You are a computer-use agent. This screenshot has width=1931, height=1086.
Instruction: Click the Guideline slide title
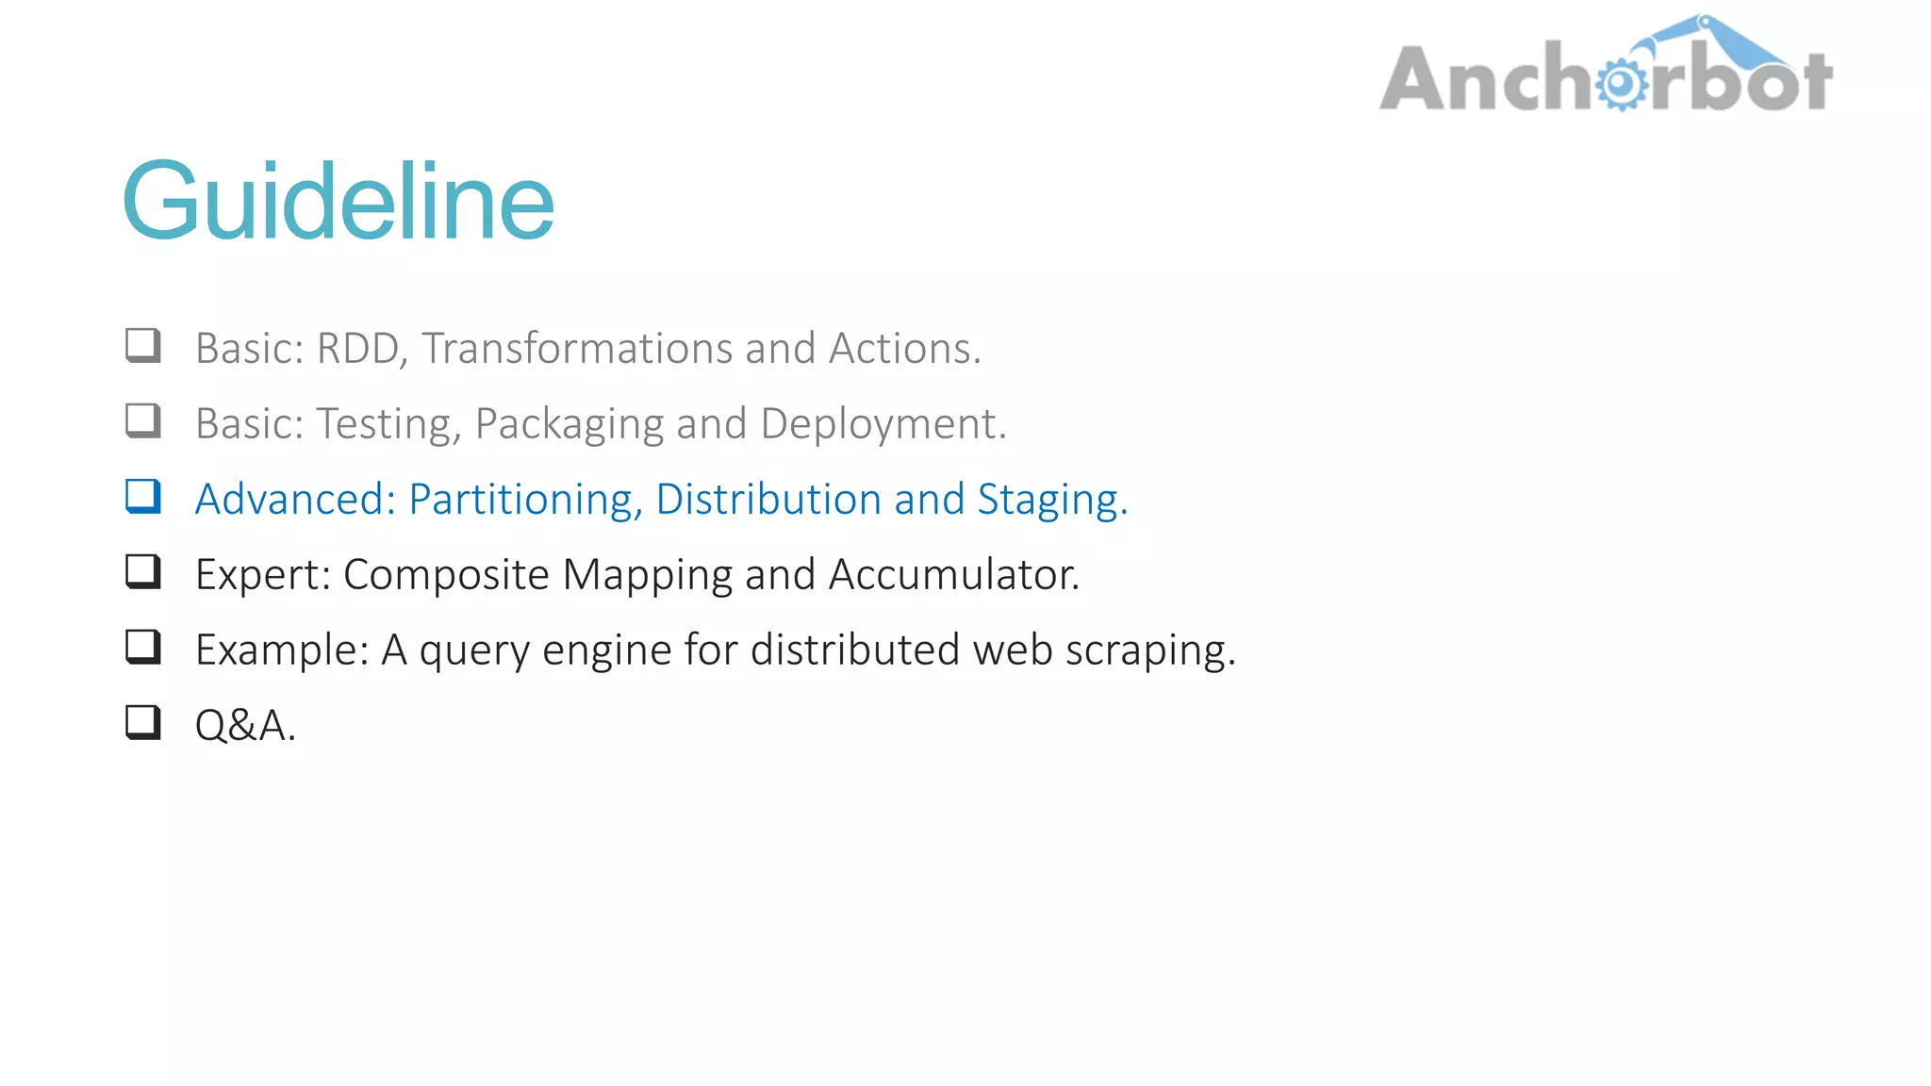click(338, 201)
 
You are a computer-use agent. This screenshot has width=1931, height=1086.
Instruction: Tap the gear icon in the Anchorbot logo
click(1621, 84)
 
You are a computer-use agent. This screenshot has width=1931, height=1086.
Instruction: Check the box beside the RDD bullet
click(143, 346)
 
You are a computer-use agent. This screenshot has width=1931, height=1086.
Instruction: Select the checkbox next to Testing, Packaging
click(143, 421)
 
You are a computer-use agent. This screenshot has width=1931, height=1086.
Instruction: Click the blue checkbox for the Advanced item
click(143, 497)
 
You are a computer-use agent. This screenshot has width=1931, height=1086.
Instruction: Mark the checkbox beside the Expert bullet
click(143, 572)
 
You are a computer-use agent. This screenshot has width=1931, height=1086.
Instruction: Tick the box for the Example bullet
click(143, 648)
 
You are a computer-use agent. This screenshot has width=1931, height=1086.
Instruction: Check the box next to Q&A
click(143, 723)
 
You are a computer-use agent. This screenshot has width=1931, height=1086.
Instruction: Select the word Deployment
click(883, 424)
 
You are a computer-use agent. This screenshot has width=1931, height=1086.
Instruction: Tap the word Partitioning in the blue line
click(525, 500)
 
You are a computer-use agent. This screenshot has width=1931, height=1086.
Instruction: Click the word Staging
click(1051, 500)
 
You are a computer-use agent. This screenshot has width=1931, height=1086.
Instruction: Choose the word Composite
click(446, 575)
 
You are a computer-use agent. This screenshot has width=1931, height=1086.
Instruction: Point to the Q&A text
click(245, 726)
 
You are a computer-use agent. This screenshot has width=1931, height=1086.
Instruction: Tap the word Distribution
click(768, 500)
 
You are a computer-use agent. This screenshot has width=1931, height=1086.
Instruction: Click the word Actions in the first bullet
click(904, 349)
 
